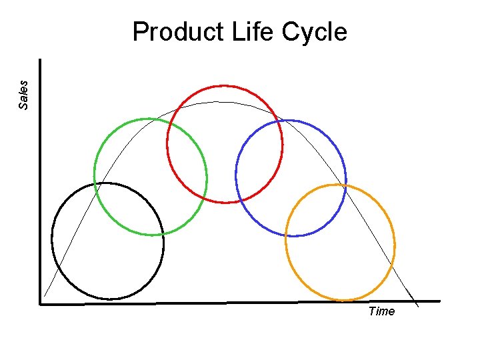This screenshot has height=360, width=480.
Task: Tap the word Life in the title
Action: (x=251, y=32)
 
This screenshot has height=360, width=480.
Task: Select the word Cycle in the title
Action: (x=315, y=32)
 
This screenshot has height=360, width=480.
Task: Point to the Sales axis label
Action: (x=23, y=94)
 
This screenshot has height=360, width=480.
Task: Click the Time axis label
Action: (x=381, y=311)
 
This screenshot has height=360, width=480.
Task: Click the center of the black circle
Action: (x=107, y=241)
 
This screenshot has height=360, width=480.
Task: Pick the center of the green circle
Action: (x=151, y=177)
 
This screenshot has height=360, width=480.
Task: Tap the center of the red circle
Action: (x=225, y=144)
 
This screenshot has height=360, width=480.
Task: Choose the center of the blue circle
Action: (x=291, y=178)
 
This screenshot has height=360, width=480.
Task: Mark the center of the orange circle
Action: (x=340, y=243)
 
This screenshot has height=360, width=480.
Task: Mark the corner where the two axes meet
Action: (x=41, y=304)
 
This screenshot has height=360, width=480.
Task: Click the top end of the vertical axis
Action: (x=41, y=60)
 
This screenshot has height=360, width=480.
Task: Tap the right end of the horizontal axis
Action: (x=439, y=301)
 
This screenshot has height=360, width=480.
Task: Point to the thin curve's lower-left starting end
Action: (x=44, y=296)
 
